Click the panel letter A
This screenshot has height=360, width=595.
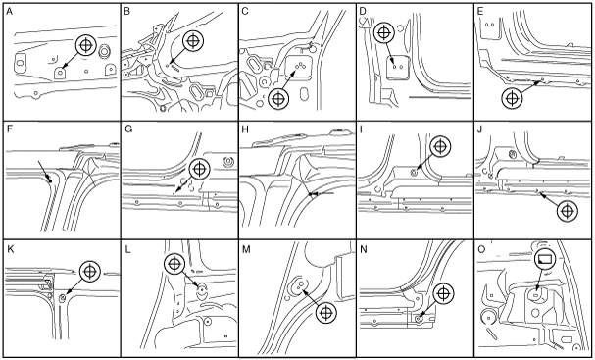tap(10, 12)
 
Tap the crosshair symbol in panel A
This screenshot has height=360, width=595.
tap(86, 45)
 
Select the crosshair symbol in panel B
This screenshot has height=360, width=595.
tap(193, 40)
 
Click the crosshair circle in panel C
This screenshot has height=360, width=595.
tap(278, 99)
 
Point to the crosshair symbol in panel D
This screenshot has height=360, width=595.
tap(384, 32)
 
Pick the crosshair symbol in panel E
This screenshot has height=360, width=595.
tap(512, 98)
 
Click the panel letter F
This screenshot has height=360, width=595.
tap(10, 129)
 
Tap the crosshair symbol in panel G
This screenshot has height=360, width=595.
tap(199, 170)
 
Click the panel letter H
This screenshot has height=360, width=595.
tap(245, 129)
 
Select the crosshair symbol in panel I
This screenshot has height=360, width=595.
tap(440, 146)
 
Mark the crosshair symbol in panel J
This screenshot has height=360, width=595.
tap(568, 211)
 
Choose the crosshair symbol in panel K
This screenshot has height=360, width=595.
tap(90, 272)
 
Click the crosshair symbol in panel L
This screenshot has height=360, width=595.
tap(174, 263)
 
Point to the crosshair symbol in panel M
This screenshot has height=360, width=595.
tap(326, 313)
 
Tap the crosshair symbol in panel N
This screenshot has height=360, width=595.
tap(443, 293)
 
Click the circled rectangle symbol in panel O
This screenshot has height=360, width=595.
tap(545, 259)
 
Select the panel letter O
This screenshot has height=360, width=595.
tap(481, 249)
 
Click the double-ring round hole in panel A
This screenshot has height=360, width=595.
tap(104, 52)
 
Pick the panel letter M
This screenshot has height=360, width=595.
tap(246, 249)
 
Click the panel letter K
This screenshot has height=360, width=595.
tap(10, 249)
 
